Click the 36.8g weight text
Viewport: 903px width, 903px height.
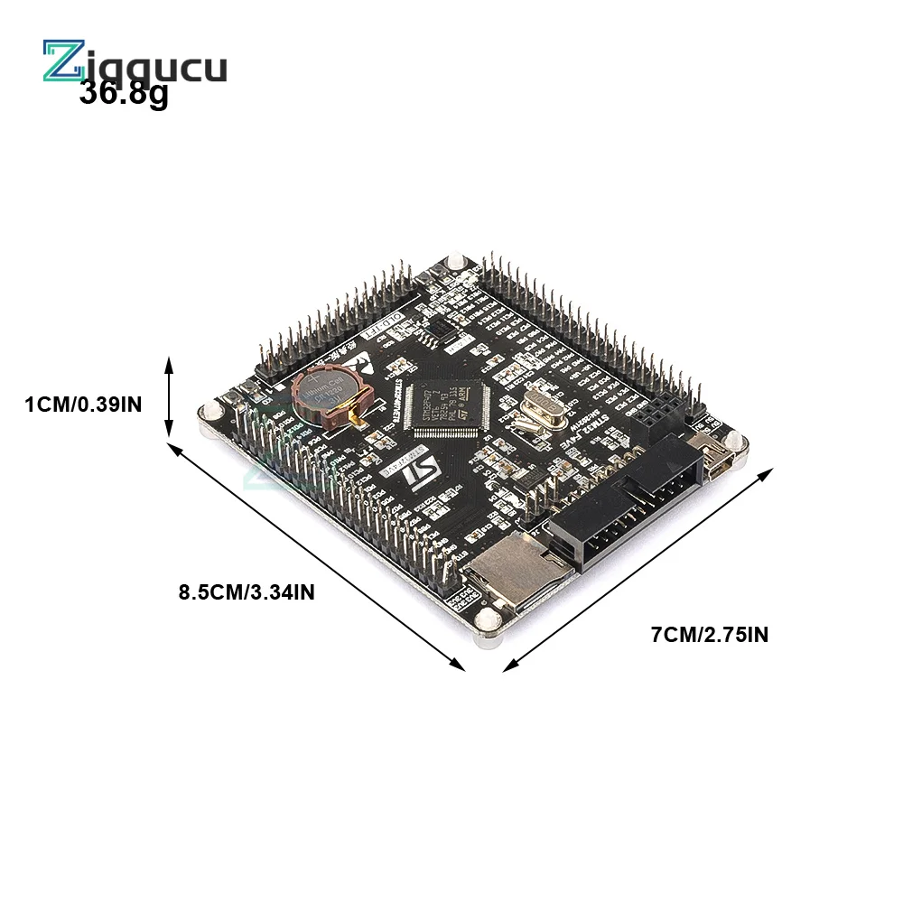click(124, 93)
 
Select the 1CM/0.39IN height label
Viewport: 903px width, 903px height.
click(84, 405)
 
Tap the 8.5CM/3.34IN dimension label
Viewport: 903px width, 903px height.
click(247, 593)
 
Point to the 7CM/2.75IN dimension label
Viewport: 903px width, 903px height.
click(710, 635)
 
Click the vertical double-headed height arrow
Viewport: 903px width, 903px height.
click(169, 397)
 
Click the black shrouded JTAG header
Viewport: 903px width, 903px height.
click(623, 510)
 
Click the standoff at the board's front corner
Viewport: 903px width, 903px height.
click(488, 623)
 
